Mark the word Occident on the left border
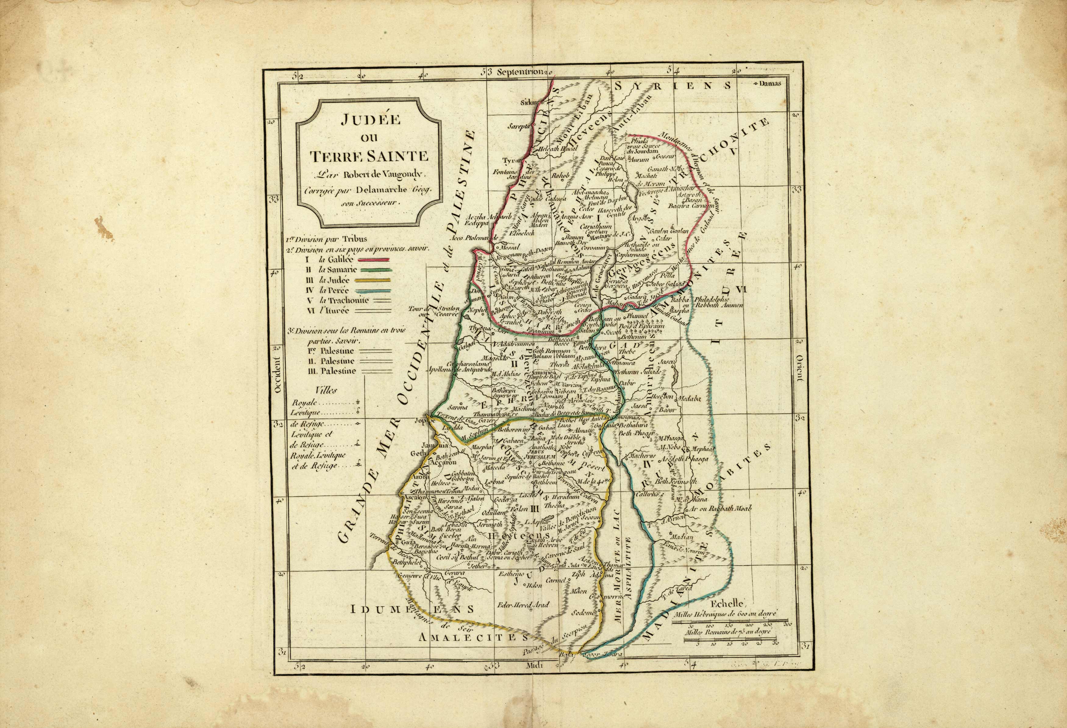(277, 376)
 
